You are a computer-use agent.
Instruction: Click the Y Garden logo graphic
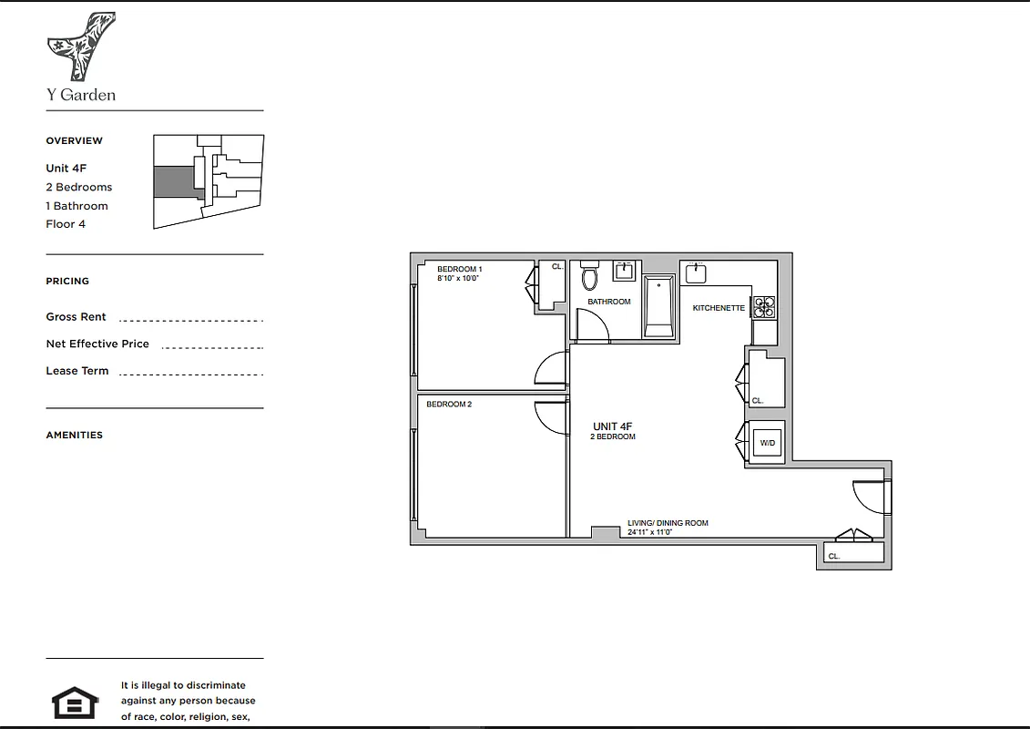click(x=81, y=46)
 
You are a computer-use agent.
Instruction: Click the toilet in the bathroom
click(x=589, y=277)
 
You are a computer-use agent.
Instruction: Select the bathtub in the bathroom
click(x=658, y=306)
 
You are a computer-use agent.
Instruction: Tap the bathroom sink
click(x=625, y=271)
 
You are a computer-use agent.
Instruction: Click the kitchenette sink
click(x=697, y=272)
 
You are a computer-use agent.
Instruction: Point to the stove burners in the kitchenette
click(x=763, y=306)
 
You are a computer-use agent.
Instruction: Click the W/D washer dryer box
click(x=767, y=444)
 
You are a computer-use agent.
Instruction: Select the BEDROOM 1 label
click(x=459, y=269)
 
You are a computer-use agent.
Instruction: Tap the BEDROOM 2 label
click(x=449, y=405)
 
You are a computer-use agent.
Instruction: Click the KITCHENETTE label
click(x=719, y=308)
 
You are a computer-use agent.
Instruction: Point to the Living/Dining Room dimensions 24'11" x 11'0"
click(x=649, y=532)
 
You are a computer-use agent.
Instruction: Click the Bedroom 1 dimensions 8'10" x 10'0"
click(x=458, y=278)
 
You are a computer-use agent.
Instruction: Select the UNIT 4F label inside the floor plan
click(x=612, y=426)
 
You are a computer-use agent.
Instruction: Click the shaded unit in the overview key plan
click(x=172, y=180)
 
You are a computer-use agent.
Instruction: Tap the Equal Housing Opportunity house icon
click(x=75, y=703)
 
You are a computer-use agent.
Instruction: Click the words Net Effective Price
click(x=97, y=344)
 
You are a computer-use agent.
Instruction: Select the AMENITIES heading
click(x=75, y=435)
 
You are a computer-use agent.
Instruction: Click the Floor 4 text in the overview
click(x=66, y=224)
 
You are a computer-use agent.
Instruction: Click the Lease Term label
click(x=77, y=371)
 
